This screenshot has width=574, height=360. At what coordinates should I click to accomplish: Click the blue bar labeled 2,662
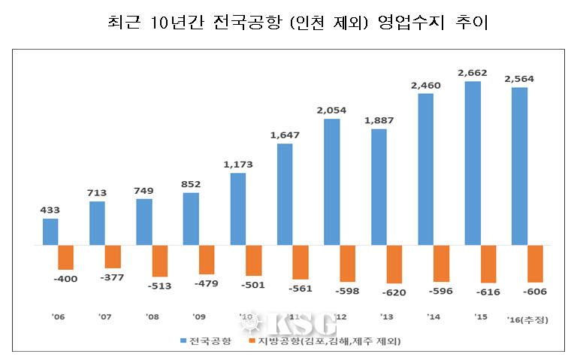click(473, 163)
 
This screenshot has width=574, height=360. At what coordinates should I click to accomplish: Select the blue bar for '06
click(50, 231)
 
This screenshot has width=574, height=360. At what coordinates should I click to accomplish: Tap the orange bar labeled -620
click(395, 264)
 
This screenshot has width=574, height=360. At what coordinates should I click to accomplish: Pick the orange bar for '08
click(160, 261)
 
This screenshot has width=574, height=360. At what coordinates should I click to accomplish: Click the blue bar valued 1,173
click(238, 209)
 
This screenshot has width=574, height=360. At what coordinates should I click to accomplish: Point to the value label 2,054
click(331, 110)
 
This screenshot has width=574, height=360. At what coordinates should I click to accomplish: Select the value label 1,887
click(378, 120)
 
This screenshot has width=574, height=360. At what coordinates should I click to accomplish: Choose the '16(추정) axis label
click(527, 319)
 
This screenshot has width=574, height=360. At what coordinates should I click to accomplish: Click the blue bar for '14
click(426, 169)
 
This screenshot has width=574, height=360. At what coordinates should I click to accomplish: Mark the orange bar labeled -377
click(113, 256)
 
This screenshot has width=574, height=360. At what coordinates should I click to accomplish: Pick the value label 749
click(143, 189)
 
